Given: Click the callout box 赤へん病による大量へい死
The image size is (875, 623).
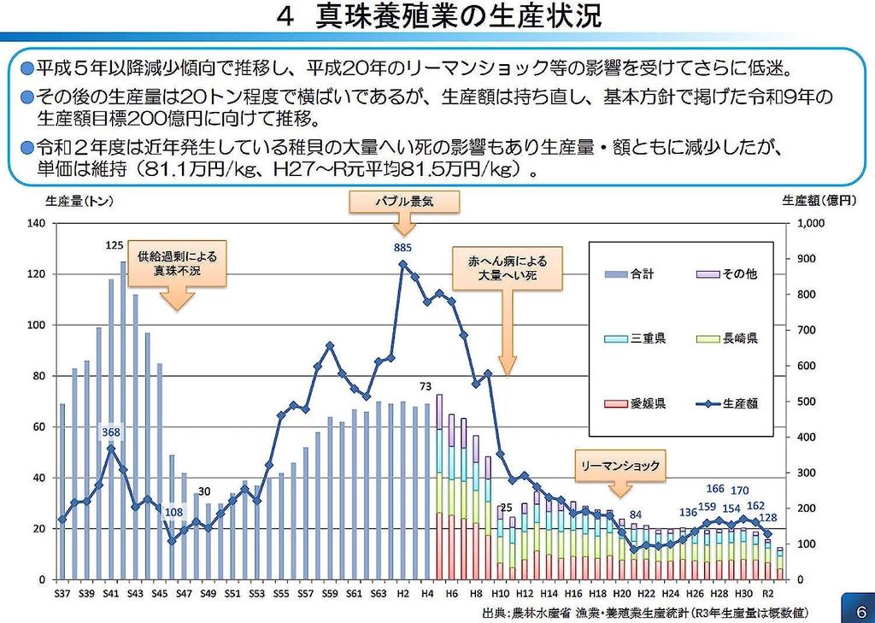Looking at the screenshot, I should [x=507, y=268].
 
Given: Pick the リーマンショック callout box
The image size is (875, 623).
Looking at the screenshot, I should [x=620, y=466].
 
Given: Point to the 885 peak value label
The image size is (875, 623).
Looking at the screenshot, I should [x=403, y=248].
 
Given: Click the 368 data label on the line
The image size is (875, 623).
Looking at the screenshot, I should [x=112, y=433].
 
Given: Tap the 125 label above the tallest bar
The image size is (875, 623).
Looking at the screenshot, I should [x=115, y=245].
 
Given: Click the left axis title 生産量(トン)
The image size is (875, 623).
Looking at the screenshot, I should [x=79, y=202].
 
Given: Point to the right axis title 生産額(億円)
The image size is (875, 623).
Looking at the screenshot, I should [x=818, y=202].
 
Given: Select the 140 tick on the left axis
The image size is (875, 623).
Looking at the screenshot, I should [x=35, y=223].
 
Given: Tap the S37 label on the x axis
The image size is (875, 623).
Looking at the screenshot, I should [x=62, y=594].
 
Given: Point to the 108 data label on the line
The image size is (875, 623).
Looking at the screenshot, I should [x=174, y=513].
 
